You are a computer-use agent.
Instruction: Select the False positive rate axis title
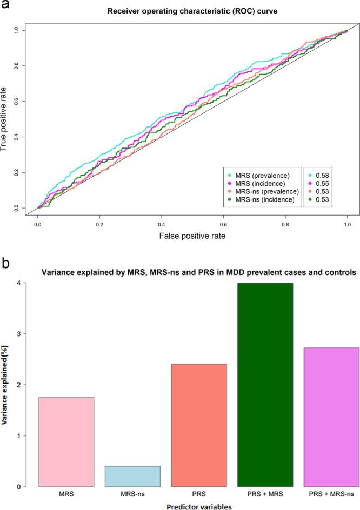(x=192, y=236)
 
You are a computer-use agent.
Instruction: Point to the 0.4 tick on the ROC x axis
(x=161, y=222)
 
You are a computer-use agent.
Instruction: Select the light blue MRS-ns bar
(x=132, y=476)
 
